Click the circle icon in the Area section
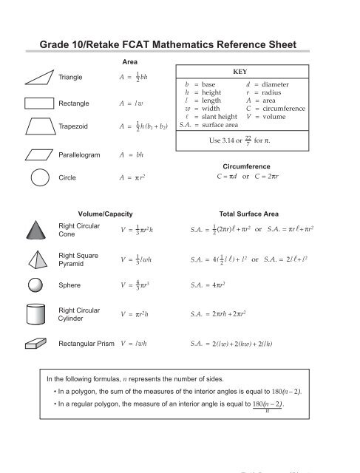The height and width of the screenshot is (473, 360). [40, 178]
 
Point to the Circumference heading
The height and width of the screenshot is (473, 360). [243, 166]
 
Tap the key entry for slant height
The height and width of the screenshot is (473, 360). [209, 116]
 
